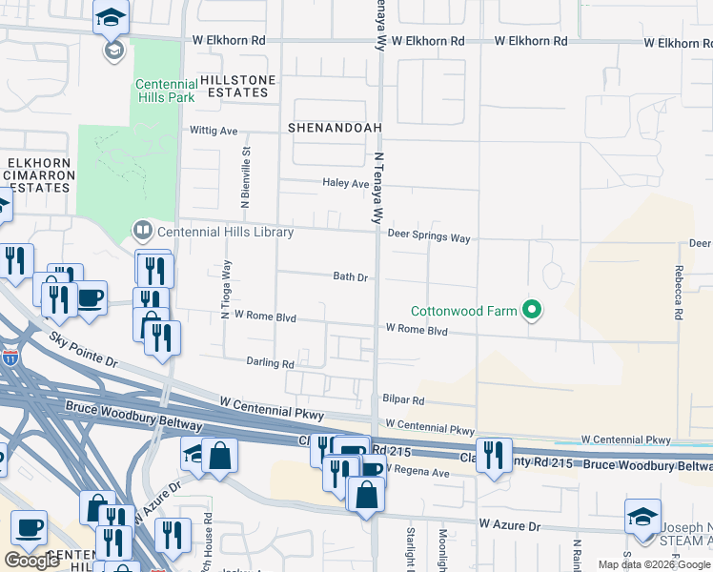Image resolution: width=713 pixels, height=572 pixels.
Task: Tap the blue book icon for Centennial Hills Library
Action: pos(142,230)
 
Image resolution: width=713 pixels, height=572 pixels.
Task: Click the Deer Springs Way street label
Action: pos(428,237)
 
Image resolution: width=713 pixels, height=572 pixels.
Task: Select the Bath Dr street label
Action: pos(350,277)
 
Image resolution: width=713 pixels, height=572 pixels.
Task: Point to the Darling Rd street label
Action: pos(270,363)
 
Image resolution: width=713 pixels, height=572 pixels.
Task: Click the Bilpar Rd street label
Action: pos(404,402)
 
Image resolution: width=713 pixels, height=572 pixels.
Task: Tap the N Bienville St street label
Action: pos(246,173)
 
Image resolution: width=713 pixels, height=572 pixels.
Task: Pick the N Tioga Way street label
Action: pos(227,290)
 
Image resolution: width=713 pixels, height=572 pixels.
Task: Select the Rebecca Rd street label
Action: pos(678,292)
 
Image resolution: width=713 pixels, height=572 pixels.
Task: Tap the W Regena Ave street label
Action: pos(416,473)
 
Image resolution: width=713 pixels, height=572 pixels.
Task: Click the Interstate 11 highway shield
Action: pos(10,358)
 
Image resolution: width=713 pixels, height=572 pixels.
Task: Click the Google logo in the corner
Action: pos(31,561)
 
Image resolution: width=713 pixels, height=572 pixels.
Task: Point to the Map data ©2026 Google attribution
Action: pos(653,564)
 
